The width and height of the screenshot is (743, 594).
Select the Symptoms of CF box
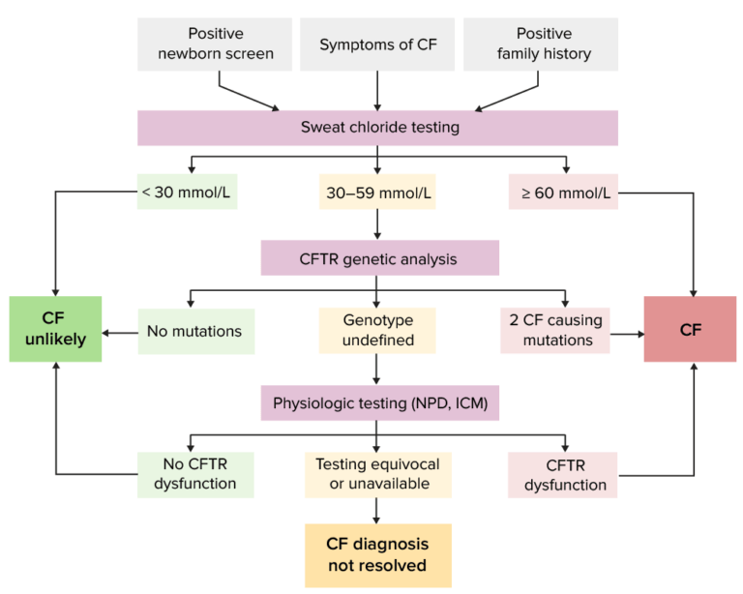376,44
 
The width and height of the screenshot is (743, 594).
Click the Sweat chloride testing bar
376,128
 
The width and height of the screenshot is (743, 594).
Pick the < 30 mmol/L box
187,193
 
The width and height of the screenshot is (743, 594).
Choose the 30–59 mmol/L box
376,193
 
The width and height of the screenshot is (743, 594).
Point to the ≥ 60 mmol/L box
563,193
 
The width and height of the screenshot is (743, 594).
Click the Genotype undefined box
376,331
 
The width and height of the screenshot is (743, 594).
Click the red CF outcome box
690,330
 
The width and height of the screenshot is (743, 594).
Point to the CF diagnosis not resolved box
377,555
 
